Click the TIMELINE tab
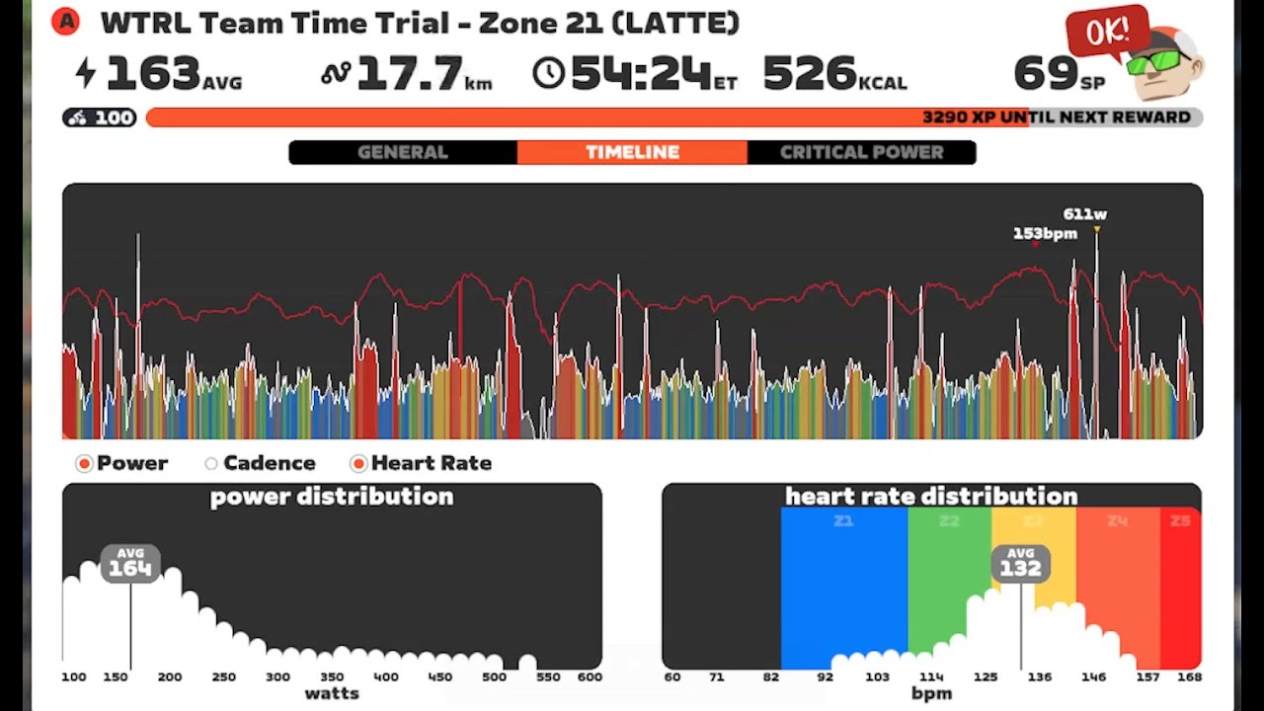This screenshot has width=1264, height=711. click(x=632, y=152)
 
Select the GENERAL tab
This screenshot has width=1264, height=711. click(x=402, y=152)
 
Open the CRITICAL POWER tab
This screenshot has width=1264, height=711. click(x=861, y=152)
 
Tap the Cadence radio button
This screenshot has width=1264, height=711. click(x=211, y=463)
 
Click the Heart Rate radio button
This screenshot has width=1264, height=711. click(x=358, y=463)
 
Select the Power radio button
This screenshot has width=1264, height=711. click(x=85, y=463)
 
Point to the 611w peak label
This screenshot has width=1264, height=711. click(x=1084, y=214)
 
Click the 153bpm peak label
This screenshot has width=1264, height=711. click(x=1044, y=234)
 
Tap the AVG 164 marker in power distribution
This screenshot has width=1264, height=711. click(x=129, y=563)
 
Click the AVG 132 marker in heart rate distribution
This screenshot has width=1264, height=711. click(x=1020, y=563)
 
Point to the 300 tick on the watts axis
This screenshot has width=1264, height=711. click(x=277, y=677)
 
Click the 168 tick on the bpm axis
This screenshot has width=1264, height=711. click(x=1188, y=677)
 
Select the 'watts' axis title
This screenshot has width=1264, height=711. click(x=332, y=693)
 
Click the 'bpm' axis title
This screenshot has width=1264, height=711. click(x=931, y=693)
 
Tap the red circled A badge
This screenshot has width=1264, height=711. click(x=65, y=22)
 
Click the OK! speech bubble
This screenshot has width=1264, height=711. click(x=1107, y=34)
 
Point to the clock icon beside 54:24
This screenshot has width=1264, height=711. click(x=548, y=73)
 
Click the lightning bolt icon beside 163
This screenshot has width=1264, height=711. click(x=87, y=73)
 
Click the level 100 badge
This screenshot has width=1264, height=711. click(x=100, y=118)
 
